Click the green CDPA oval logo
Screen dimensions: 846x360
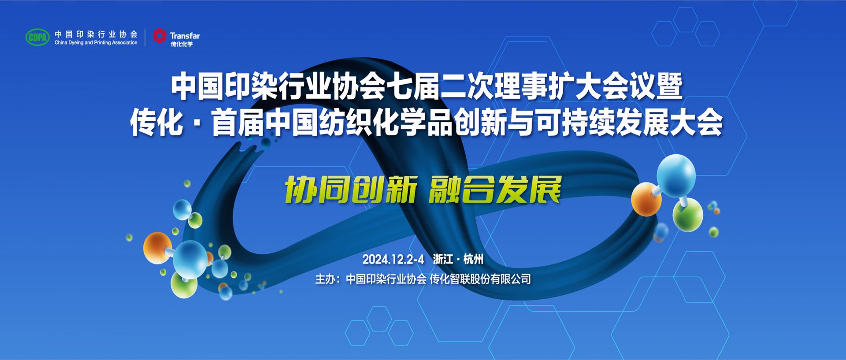38,37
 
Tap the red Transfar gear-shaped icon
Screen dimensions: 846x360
160,36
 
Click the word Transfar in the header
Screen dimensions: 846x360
185,36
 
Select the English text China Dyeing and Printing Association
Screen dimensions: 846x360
96,43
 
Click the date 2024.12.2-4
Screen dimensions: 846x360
393,260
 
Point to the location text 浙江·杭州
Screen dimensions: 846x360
458,259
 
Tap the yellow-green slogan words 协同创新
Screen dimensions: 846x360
351,190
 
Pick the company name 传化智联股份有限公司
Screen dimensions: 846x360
480,279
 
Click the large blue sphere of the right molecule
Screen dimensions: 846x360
676,175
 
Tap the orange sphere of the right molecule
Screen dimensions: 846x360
646,199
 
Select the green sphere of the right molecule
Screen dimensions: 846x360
687,215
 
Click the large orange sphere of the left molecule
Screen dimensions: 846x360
158,248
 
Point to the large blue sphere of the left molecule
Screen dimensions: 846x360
190,259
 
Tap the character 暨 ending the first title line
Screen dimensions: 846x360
669,85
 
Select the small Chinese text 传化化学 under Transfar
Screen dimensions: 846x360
182,44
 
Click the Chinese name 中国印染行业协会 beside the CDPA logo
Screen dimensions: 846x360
96,34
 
